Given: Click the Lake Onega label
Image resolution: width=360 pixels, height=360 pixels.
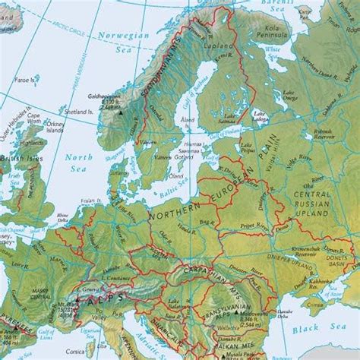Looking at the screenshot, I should click(x=289, y=93).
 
